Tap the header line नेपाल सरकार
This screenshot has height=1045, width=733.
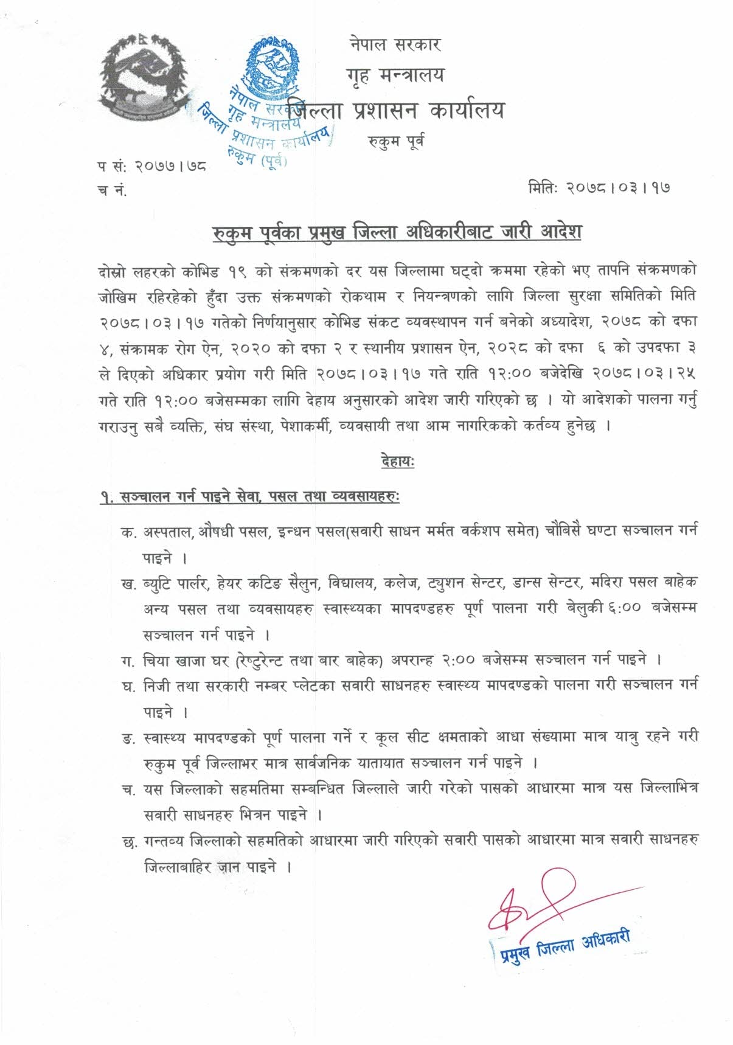(395, 44)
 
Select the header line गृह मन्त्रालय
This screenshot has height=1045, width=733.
(395, 76)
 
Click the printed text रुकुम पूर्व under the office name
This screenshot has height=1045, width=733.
(396, 142)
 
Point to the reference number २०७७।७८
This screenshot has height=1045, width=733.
(170, 165)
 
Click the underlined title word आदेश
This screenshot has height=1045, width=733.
(561, 232)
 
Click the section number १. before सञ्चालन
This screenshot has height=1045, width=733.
(108, 498)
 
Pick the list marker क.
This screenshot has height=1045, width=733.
(128, 532)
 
